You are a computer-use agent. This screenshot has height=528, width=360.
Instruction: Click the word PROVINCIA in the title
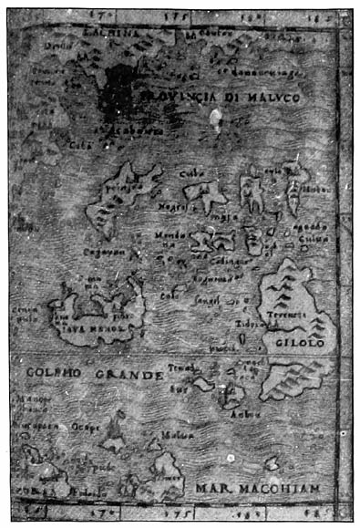180,95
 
